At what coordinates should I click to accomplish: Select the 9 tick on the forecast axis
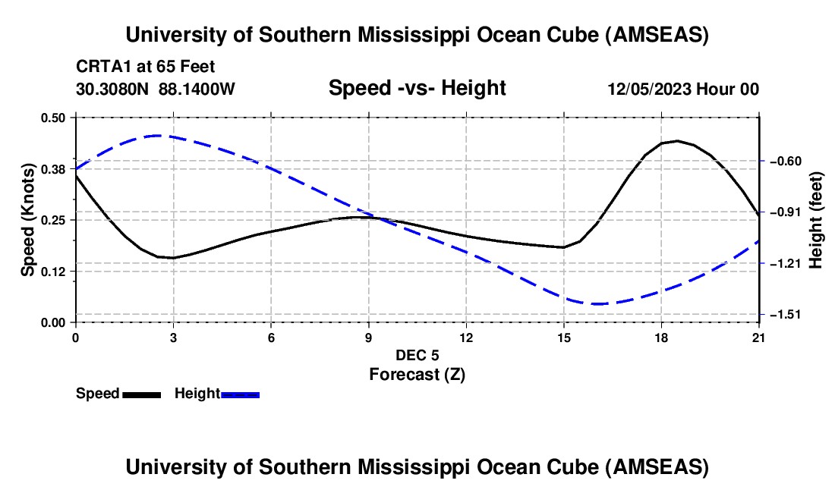[x=369, y=338]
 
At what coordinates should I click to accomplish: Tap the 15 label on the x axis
[x=564, y=338]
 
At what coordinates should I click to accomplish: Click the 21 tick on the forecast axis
[x=759, y=338]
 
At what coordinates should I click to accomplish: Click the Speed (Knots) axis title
[x=28, y=219]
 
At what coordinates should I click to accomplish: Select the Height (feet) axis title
[x=817, y=219]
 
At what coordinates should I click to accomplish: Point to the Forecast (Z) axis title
[x=417, y=374]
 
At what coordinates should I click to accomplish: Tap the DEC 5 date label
[x=417, y=355]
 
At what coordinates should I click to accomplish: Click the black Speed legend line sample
[x=141, y=394]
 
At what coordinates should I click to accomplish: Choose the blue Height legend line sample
[x=241, y=394]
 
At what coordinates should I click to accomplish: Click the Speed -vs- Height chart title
[x=417, y=88]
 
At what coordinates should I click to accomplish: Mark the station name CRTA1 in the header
[x=100, y=66]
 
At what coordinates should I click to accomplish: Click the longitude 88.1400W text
[x=197, y=89]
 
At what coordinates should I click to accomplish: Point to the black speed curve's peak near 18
[x=677, y=141]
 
